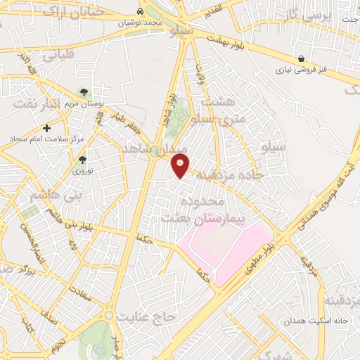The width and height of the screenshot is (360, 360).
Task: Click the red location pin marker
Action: (x=181, y=167)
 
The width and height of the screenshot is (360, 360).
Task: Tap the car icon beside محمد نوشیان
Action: (x=142, y=12)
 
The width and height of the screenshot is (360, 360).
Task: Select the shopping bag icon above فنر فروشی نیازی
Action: (x=302, y=58)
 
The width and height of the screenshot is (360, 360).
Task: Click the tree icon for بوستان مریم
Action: (x=84, y=92)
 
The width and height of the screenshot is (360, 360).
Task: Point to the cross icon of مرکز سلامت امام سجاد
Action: (x=47, y=128)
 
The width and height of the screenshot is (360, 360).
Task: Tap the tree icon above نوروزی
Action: (x=82, y=160)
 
